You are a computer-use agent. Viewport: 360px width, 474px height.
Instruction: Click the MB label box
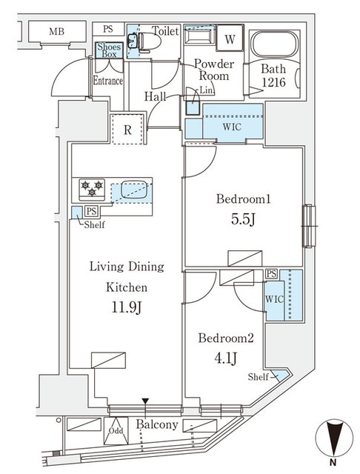56,32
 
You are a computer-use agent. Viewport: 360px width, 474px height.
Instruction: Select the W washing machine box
230,39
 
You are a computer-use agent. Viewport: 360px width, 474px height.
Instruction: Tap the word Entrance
107,81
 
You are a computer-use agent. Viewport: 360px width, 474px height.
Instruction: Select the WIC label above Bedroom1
231,126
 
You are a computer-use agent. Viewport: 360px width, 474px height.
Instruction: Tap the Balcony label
157,425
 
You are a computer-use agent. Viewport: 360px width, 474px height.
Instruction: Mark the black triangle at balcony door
146,402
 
